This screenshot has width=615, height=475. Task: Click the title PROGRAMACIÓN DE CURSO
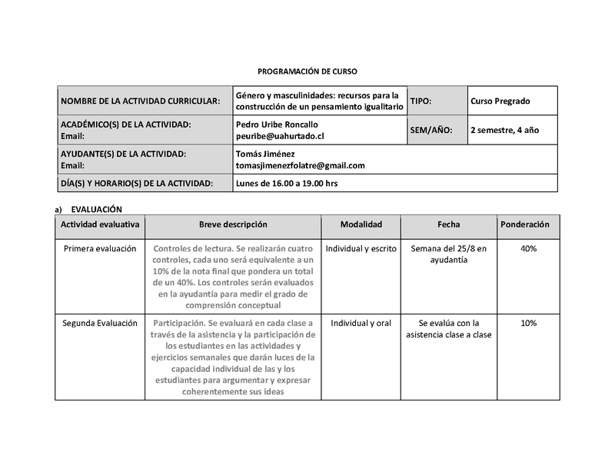click(307, 70)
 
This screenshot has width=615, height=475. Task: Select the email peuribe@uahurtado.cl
click(281, 135)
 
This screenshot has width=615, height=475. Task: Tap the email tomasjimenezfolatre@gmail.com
click(300, 165)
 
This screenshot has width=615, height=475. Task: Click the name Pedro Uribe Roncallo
click(276, 125)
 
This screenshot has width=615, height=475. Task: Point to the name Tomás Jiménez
click(262, 154)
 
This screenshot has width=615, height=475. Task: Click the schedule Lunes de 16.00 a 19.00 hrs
click(287, 184)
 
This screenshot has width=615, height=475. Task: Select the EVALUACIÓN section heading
click(96, 209)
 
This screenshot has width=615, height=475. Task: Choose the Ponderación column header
click(525, 224)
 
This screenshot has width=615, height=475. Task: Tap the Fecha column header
click(449, 224)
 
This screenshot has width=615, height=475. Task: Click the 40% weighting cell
click(528, 249)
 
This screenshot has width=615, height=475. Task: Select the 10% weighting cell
click(528, 324)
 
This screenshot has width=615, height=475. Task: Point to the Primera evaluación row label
click(100, 249)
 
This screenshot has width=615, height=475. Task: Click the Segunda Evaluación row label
click(100, 324)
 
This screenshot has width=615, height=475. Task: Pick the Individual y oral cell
click(361, 324)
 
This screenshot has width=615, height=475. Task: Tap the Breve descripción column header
click(233, 224)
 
